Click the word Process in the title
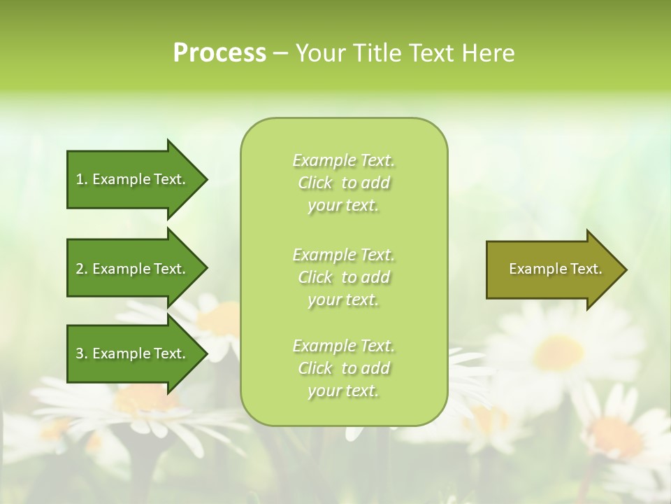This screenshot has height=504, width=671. pos(219,53)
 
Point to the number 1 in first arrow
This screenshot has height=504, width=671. pos(80,179)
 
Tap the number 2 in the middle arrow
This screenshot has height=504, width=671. pos(80,269)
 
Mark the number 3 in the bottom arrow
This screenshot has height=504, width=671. pos(80,353)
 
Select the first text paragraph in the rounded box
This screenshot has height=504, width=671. pos(343,183)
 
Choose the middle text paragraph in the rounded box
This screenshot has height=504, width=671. pos(343,277)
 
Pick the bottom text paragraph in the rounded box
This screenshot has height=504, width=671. pos(343,368)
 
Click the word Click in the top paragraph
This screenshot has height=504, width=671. pos(315,183)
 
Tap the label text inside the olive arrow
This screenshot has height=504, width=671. pos(555,269)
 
